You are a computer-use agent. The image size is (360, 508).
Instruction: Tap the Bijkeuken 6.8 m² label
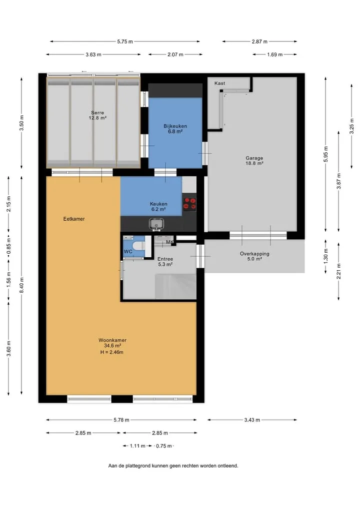pyautogui.click(x=175, y=129)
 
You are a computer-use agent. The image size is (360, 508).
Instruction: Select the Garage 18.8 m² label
pyautogui.click(x=254, y=161)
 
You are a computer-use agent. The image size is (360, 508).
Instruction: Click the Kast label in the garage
pyautogui.click(x=219, y=83)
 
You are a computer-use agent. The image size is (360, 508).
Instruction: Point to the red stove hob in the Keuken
pyautogui.click(x=189, y=204)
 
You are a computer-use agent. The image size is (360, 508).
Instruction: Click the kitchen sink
pyautogui.click(x=156, y=224)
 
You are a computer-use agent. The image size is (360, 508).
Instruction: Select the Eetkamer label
pyautogui.click(x=74, y=219)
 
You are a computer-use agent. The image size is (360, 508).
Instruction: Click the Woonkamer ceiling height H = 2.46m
pyautogui.click(x=112, y=352)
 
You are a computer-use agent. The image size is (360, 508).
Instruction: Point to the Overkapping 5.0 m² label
pyautogui.click(x=254, y=256)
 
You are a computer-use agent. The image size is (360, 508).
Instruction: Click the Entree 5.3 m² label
pyautogui.click(x=165, y=261)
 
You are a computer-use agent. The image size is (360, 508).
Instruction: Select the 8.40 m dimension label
pyautogui.click(x=21, y=285)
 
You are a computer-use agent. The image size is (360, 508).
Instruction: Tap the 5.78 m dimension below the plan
pyautogui.click(x=121, y=420)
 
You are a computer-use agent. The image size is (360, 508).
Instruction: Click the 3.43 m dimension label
pyautogui.click(x=252, y=420)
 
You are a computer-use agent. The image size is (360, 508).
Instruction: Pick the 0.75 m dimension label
pyautogui.click(x=164, y=446)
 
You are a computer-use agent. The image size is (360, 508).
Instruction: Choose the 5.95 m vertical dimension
pyautogui.click(x=325, y=154)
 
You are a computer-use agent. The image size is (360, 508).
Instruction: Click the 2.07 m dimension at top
pyautogui.click(x=175, y=54)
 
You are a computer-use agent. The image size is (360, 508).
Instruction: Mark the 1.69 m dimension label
pyautogui.click(x=274, y=54)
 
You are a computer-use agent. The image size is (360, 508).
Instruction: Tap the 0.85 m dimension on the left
pyautogui.click(x=9, y=246)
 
